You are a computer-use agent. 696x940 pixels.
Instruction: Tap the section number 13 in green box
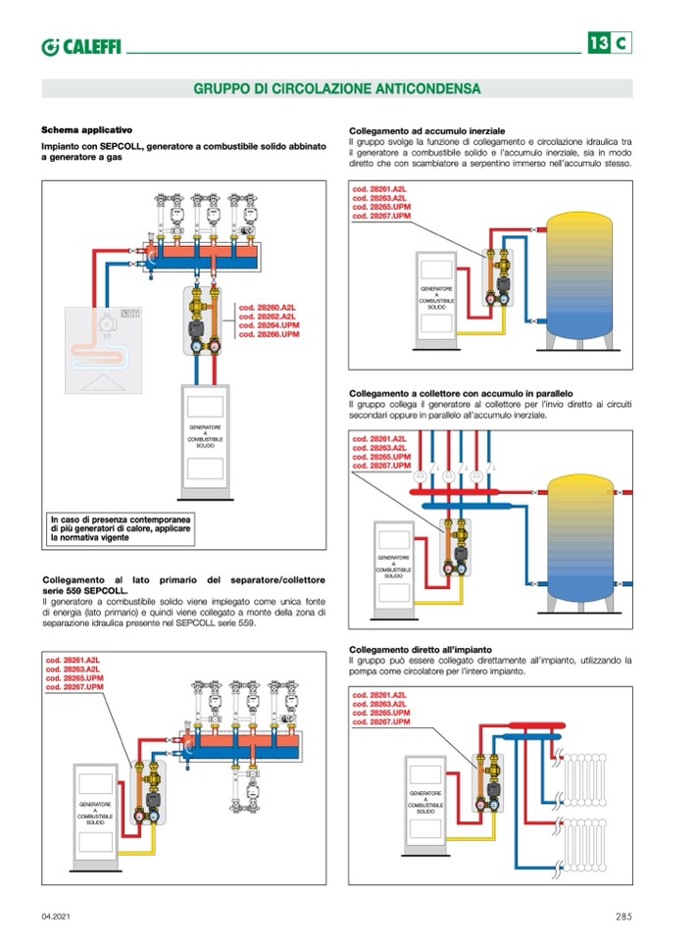(x=599, y=42)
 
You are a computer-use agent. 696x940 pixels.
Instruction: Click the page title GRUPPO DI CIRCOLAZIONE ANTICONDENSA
(x=336, y=88)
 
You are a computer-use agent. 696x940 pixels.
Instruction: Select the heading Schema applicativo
(x=86, y=130)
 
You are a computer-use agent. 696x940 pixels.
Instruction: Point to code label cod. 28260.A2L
(x=269, y=308)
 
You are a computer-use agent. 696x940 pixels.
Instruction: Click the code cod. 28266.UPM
(x=269, y=335)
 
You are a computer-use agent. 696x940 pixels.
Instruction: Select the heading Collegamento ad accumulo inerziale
(x=427, y=130)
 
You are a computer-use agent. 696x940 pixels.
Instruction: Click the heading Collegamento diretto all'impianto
(x=420, y=650)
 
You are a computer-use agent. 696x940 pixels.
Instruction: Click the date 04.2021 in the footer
(x=55, y=916)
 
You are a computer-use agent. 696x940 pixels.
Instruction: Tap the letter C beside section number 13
(x=622, y=42)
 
